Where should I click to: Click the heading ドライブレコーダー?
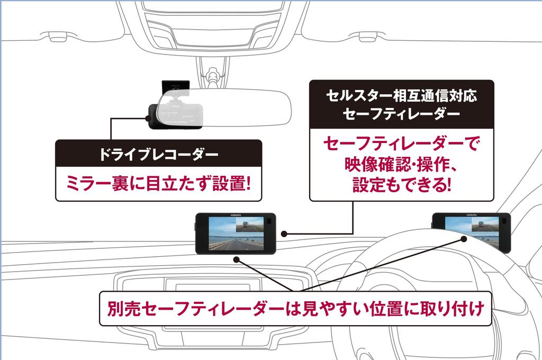[158, 155]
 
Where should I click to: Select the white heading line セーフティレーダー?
[402, 115]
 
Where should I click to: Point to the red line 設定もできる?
[402, 185]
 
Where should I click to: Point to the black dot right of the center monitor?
[284, 233]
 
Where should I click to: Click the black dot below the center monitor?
[239, 259]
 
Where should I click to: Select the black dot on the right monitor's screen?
[463, 239]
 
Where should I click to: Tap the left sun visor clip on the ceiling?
[53, 37]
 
